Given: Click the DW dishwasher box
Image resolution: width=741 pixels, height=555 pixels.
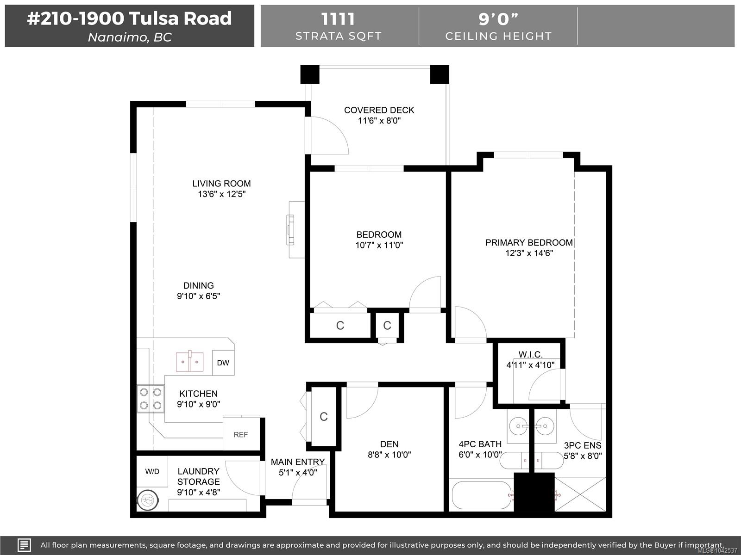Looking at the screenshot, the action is click(223, 363).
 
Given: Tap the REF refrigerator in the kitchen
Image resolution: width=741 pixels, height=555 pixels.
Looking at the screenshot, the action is click(241, 434).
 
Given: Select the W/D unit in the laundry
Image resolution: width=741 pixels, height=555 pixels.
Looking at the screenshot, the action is click(152, 471).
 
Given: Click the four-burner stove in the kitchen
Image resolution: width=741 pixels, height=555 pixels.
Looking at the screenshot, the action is click(151, 399).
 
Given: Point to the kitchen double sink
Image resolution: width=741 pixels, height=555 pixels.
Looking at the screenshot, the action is click(190, 362).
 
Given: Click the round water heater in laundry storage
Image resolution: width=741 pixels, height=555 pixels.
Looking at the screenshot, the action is click(148, 500).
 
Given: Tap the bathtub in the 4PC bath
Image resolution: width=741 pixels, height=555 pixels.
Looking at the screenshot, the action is click(482, 495).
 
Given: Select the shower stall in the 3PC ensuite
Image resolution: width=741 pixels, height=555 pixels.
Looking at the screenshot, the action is click(580, 494).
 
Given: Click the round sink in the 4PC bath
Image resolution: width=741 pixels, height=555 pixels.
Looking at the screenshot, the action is click(518, 426).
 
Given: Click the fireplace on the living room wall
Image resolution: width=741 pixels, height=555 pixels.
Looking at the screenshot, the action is click(290, 230).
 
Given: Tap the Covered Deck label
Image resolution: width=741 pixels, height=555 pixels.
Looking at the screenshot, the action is click(379, 110).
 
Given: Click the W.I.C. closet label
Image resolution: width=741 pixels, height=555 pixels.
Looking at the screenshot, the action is click(531, 354).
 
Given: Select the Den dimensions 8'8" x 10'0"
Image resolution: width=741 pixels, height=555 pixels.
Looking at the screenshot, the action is click(389, 455).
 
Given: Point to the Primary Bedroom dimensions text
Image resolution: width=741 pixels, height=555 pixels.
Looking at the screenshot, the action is click(529, 253).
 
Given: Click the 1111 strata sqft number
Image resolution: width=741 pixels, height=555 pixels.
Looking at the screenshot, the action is click(338, 19).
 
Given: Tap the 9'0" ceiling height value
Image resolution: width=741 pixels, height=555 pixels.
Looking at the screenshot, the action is click(498, 19).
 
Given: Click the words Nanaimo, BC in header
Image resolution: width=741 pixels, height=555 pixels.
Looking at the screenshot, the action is click(130, 37).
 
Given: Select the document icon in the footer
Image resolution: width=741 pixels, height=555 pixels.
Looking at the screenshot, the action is click(24, 545).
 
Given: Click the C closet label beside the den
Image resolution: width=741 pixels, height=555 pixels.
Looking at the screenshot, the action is click(324, 417).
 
